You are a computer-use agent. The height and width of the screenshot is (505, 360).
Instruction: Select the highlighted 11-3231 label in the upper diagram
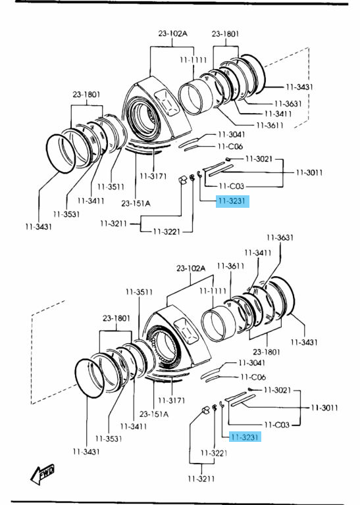[232, 201]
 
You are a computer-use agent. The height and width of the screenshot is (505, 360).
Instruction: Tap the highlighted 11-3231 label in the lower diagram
[245, 437]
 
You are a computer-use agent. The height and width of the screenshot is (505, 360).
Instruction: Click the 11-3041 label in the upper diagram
[232, 134]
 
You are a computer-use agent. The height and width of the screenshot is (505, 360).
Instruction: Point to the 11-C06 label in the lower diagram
[253, 377]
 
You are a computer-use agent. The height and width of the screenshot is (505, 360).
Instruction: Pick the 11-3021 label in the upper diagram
[259, 158]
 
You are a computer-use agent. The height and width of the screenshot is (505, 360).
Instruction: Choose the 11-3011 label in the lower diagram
[324, 408]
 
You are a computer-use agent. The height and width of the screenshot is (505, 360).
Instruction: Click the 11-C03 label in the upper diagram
[232, 186]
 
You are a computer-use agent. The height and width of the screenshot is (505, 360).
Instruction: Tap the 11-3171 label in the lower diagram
[172, 400]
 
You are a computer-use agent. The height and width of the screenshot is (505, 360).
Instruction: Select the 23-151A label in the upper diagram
[136, 203]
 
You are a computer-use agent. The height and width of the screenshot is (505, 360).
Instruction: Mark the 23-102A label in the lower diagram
[191, 268]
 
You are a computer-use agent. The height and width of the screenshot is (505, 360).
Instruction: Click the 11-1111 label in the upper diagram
[193, 60]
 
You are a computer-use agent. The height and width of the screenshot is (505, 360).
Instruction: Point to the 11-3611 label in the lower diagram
[230, 266]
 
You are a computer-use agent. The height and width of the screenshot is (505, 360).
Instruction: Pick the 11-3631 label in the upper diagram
[288, 103]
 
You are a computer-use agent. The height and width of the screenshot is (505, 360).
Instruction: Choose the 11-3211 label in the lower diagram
[201, 479]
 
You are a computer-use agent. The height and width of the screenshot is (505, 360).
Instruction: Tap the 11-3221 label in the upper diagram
[167, 231]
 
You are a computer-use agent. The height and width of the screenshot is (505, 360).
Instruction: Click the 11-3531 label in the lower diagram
[109, 439]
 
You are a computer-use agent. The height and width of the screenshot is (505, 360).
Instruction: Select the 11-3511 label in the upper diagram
[111, 187]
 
